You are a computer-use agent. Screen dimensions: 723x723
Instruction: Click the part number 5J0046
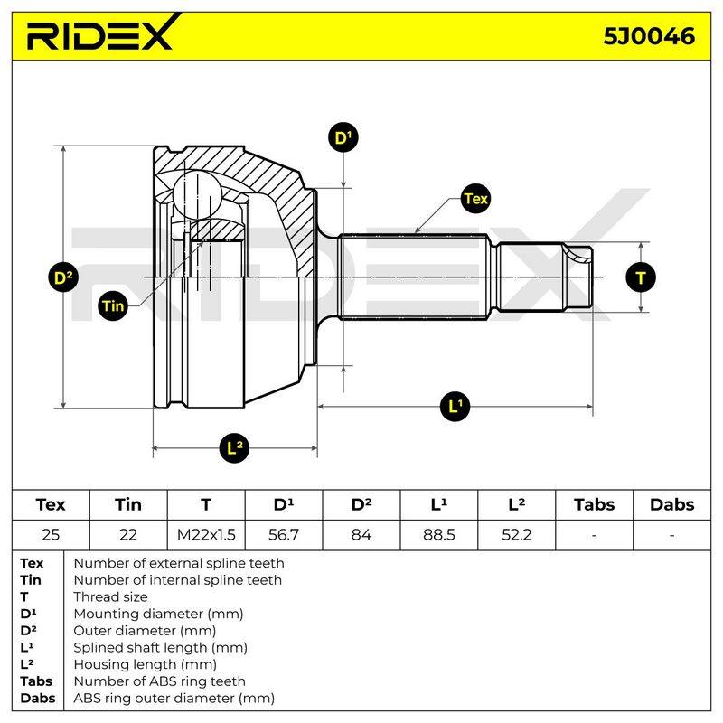pyautogui.click(x=649, y=36)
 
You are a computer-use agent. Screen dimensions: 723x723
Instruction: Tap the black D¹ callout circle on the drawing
pyautogui.click(x=343, y=137)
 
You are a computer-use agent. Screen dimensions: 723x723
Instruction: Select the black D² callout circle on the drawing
pyautogui.click(x=63, y=277)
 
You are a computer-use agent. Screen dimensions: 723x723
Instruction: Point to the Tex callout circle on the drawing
pyautogui.click(x=476, y=199)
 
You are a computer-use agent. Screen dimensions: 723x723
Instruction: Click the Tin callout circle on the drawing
pyautogui.click(x=114, y=305)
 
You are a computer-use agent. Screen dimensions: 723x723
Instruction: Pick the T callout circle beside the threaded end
pyautogui.click(x=641, y=277)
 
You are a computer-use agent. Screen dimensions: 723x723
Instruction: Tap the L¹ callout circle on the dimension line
pyautogui.click(x=455, y=406)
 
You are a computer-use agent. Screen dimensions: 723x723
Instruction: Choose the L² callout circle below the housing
pyautogui.click(x=235, y=447)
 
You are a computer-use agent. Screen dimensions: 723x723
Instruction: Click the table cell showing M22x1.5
pyautogui.click(x=206, y=535)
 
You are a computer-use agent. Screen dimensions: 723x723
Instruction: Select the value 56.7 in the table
pyautogui.click(x=284, y=535)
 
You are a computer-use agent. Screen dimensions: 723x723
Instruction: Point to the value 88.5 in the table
pyautogui.click(x=439, y=535)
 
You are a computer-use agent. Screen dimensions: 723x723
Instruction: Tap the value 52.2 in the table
pyautogui.click(x=516, y=535)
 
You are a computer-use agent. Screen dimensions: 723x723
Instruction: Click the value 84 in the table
pyautogui.click(x=361, y=535)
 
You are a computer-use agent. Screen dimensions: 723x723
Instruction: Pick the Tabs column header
pyautogui.click(x=595, y=504)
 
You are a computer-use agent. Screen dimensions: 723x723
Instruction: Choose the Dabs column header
pyautogui.click(x=671, y=504)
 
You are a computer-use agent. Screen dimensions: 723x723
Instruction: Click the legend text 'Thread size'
pyautogui.click(x=110, y=596)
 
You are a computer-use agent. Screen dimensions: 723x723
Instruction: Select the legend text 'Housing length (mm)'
pyautogui.click(x=146, y=664)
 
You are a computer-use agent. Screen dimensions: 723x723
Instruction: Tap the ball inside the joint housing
pyautogui.click(x=197, y=194)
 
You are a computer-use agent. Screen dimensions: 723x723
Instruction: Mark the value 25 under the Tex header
pyautogui.click(x=51, y=535)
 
